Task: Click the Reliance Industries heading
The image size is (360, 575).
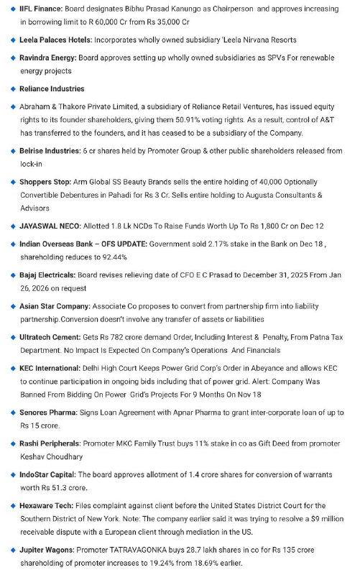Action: [x=52, y=89]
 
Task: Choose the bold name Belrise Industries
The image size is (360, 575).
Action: [x=50, y=151]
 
